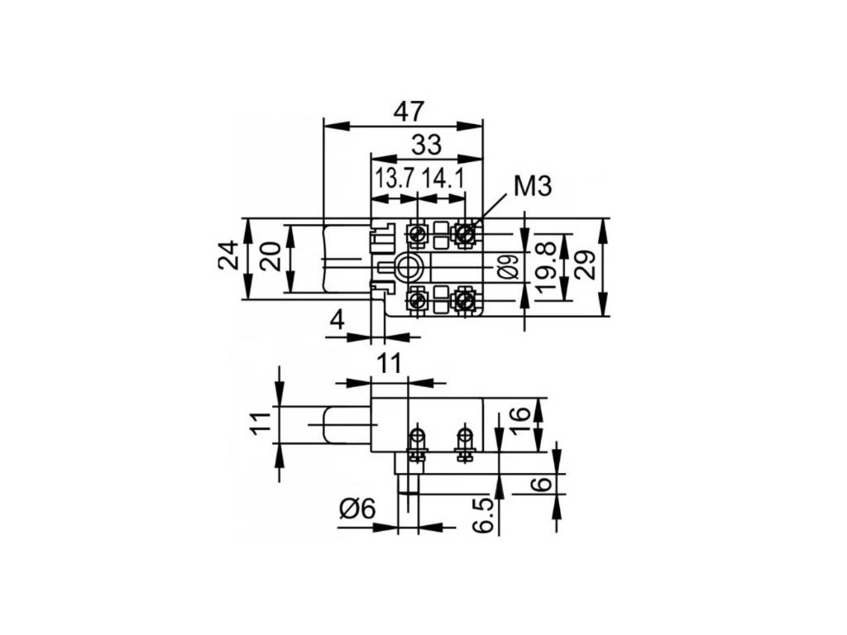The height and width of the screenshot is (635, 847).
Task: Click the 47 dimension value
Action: click(409, 111)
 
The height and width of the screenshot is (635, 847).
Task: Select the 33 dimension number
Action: click(426, 145)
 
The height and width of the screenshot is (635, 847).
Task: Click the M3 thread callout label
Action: click(532, 187)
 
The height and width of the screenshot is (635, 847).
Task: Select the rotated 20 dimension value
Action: click(270, 258)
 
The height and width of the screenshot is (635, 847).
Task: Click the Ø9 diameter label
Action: click(510, 265)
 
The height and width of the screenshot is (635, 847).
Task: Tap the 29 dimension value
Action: click(584, 265)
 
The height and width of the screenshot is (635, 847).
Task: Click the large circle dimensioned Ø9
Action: click(408, 266)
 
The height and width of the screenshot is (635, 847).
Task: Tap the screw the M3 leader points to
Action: click(466, 234)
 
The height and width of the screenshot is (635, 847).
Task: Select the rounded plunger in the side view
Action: click(344, 424)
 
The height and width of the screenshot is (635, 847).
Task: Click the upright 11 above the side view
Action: click(390, 363)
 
